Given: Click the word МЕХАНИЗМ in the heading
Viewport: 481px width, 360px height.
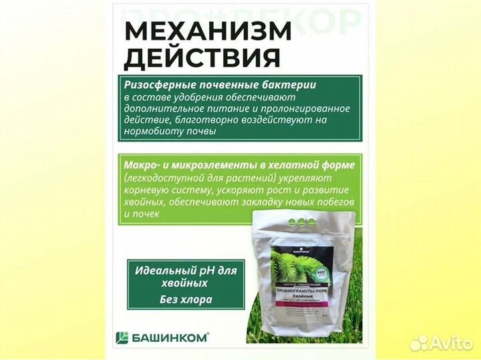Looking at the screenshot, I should click(208, 31).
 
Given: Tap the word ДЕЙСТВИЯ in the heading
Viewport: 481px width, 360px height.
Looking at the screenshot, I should click(202, 58).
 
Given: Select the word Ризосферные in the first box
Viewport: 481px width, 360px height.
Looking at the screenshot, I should click(156, 85).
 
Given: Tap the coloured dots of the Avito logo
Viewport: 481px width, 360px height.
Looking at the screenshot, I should click(418, 342).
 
